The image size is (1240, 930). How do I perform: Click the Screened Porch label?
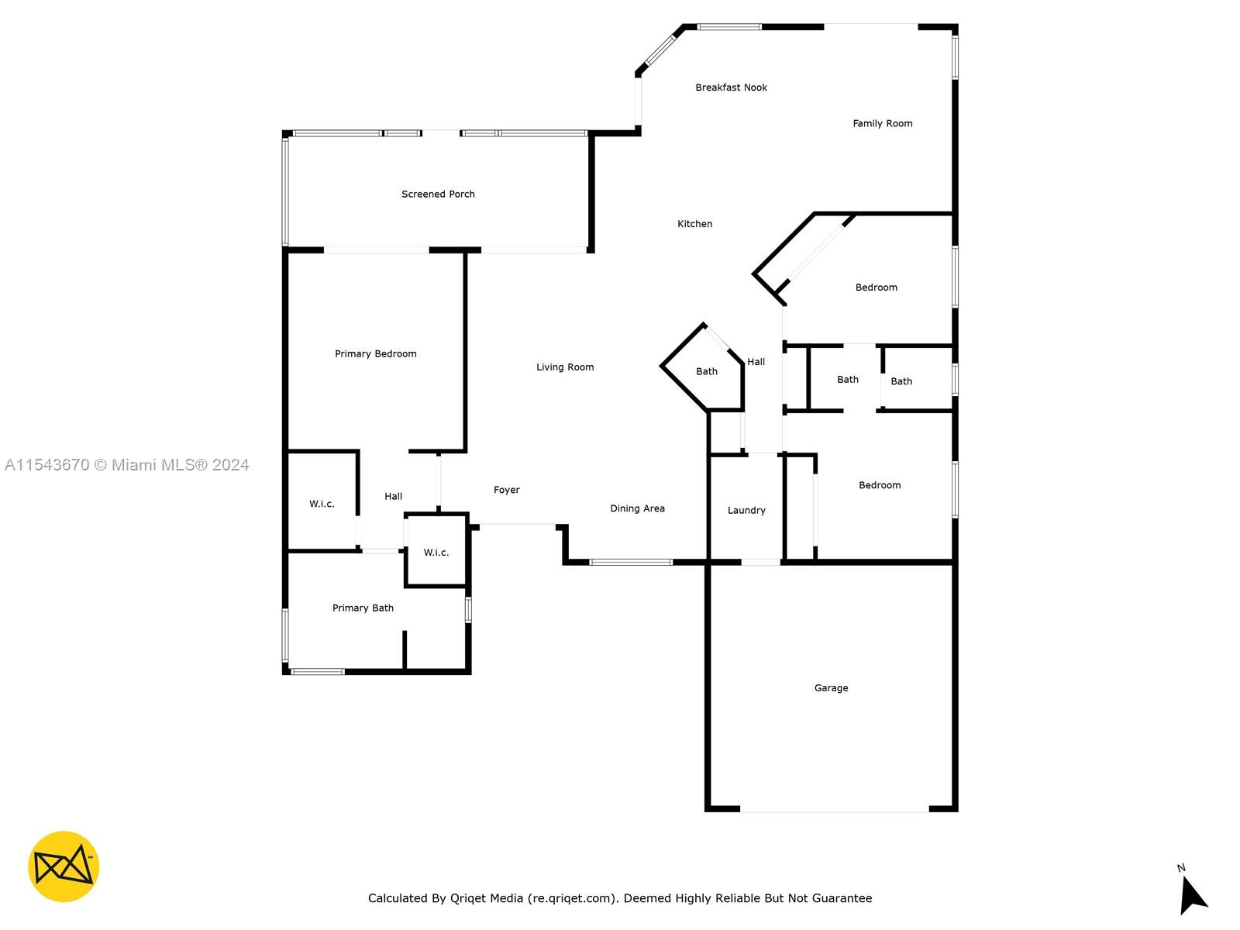coord(438,194)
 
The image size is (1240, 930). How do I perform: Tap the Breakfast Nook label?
coord(731,87)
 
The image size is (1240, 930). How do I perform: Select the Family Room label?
coord(883,123)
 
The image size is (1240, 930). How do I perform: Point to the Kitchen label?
coord(694,224)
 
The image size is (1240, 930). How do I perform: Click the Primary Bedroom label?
coord(375,353)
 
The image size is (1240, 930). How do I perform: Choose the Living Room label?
coord(565,367)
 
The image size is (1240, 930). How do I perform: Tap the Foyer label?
coord(506,490)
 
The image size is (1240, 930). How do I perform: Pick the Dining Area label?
coord(637,508)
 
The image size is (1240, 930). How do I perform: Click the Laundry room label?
coord(746,510)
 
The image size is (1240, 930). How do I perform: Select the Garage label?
coord(831,687)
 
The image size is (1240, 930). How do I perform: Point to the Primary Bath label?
coord(363,608)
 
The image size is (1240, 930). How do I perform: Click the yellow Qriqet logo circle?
coord(64,866)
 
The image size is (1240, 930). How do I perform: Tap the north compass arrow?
coord(1192,894)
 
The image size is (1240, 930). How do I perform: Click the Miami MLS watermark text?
coord(126,464)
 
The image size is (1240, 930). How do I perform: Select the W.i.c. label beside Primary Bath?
coord(436,553)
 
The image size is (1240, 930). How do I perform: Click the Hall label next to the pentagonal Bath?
coord(756,361)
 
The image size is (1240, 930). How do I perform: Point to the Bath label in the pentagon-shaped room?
coord(706,371)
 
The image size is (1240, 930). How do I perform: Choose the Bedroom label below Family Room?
coord(876,287)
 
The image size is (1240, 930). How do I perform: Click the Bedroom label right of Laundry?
coord(879,484)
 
